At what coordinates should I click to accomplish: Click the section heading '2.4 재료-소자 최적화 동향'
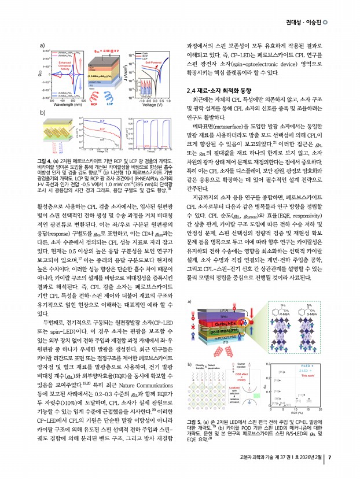point(219,91)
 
